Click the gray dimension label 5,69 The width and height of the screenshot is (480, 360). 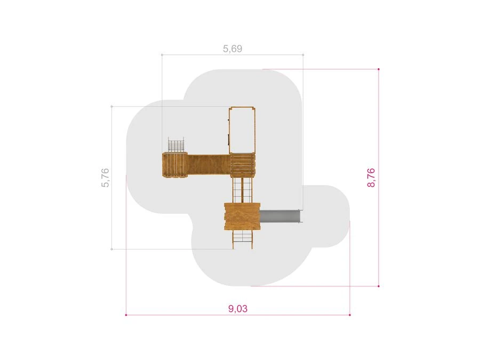click(233, 49)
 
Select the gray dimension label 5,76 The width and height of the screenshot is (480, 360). click(105, 178)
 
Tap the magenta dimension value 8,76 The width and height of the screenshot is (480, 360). click(371, 178)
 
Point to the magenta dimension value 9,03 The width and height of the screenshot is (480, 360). click(238, 309)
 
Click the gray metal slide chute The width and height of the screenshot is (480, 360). click(281, 216)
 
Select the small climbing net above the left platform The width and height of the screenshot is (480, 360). click(176, 145)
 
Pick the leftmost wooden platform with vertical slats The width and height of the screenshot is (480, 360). click(175, 165)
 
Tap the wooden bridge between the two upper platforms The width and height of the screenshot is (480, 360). click(209, 165)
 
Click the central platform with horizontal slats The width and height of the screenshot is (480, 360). click(243, 165)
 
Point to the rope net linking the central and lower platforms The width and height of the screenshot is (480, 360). click(242, 190)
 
